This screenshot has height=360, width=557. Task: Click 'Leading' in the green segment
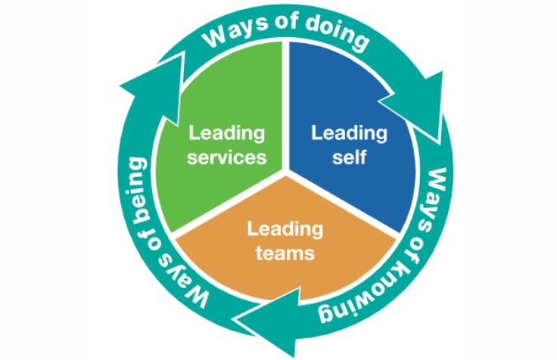[x=227, y=134]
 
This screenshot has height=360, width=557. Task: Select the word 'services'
[x=228, y=157]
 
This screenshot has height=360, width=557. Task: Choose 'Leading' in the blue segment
[x=350, y=134]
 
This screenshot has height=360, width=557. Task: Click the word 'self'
[x=350, y=157]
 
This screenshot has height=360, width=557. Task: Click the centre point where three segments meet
[x=286, y=171]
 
